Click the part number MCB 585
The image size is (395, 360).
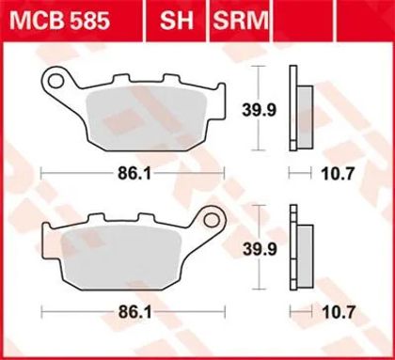(59, 21)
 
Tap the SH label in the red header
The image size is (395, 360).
(177, 21)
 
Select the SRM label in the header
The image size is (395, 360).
(241, 21)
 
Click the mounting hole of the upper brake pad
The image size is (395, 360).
(55, 81)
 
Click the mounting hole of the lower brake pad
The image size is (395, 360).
(212, 220)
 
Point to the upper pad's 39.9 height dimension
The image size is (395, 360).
(259, 110)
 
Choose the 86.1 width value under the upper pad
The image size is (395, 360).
(134, 173)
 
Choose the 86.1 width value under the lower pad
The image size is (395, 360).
(134, 312)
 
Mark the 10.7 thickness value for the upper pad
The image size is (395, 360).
(338, 173)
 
